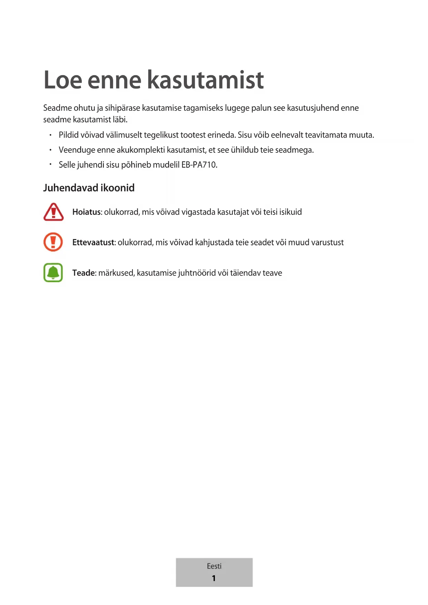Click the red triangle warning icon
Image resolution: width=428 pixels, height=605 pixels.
pos(53,212)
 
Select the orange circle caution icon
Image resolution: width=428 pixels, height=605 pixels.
pos(53,242)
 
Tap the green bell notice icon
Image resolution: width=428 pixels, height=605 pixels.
pos(53,272)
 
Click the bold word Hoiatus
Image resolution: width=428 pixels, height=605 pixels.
pos(87,212)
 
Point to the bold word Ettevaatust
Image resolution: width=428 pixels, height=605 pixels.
pos(93,242)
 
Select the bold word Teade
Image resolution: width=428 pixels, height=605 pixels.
pos(84,273)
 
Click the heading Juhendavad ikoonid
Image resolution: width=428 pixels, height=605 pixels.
pos(89,188)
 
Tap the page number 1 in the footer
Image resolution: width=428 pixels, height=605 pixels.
pos(214,578)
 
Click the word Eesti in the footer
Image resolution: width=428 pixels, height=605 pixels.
pos(214,566)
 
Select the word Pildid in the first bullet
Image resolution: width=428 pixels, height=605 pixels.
pos(69,135)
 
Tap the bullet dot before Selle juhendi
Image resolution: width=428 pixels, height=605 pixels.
pos(50,165)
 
